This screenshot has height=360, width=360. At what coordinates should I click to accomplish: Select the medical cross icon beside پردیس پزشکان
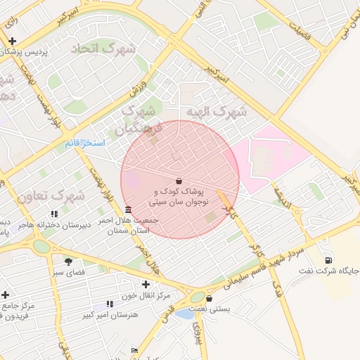point(11,41)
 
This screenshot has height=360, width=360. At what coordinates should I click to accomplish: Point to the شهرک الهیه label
point(217,112)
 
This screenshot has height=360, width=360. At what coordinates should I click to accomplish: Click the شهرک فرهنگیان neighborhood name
point(140,119)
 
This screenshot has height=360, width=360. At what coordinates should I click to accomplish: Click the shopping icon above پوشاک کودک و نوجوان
point(179,181)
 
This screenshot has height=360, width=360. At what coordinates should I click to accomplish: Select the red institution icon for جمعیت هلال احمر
point(127,210)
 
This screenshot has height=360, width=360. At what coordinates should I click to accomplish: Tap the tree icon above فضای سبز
point(68,262)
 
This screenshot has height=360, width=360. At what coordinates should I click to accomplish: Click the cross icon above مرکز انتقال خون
point(146,284)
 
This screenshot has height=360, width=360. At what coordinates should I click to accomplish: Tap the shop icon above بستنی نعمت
point(209,298)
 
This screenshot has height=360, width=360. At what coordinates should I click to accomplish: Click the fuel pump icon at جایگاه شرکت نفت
point(328,260)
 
